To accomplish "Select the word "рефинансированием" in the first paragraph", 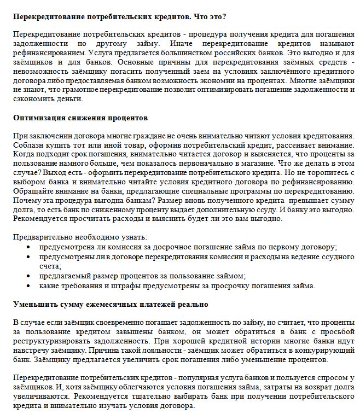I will [45, 55].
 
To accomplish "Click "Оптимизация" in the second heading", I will [37, 118].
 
